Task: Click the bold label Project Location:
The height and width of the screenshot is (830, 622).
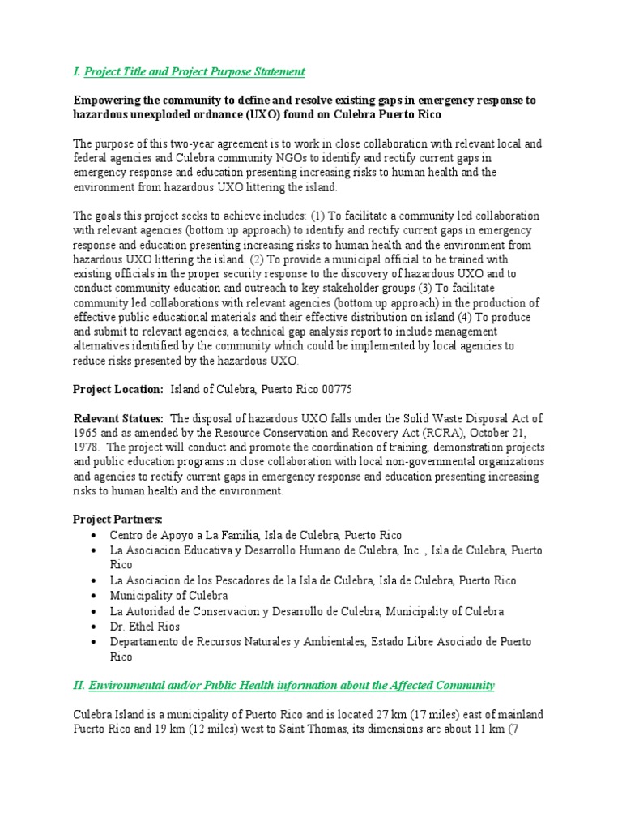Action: click(119, 389)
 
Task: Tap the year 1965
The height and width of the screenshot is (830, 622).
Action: click(87, 433)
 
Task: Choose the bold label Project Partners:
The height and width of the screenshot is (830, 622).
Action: click(117, 519)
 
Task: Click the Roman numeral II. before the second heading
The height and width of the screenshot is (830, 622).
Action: click(79, 686)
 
